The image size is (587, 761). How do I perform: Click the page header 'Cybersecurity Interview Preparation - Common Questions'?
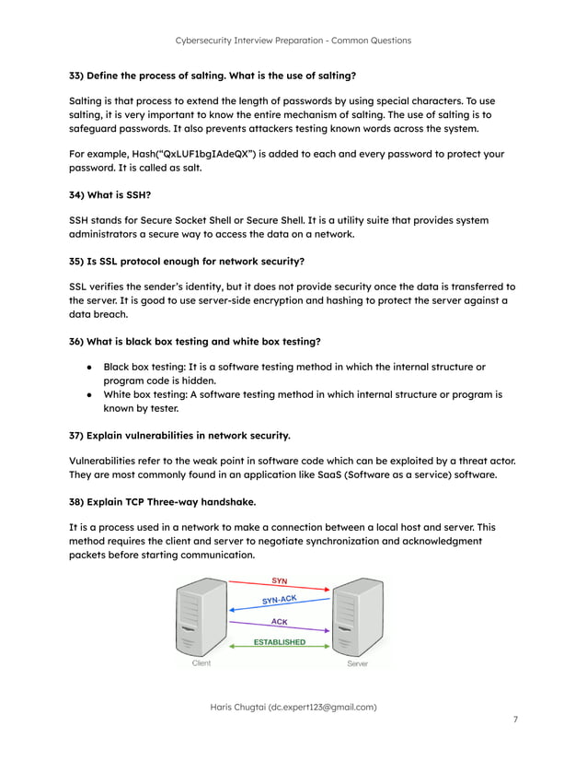(293, 41)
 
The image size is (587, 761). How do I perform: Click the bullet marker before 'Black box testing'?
(88, 367)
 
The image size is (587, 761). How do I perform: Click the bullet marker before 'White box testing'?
(88, 394)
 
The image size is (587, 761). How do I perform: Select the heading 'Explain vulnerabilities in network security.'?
(179, 435)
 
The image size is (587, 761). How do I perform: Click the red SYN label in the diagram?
(279, 580)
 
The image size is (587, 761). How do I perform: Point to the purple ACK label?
(279, 622)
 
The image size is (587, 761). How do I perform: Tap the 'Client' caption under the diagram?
(201, 663)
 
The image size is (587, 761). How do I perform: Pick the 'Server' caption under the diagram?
(358, 663)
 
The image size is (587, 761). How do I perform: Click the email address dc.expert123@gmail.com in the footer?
(322, 707)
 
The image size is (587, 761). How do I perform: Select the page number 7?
(516, 720)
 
